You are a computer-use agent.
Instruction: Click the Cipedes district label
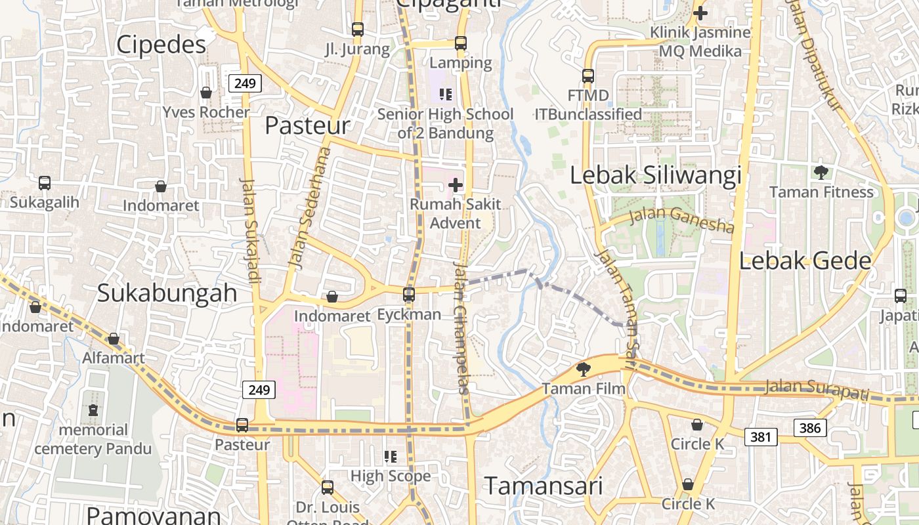click(x=161, y=45)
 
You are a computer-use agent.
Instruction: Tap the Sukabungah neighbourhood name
click(x=167, y=293)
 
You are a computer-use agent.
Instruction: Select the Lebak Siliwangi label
click(x=655, y=175)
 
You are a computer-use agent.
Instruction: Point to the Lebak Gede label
click(x=805, y=261)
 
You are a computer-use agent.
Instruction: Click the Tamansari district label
click(x=544, y=486)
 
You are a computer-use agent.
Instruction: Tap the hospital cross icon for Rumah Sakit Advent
click(x=456, y=185)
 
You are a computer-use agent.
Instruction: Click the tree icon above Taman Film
click(x=582, y=369)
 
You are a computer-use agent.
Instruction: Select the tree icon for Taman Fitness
click(x=821, y=173)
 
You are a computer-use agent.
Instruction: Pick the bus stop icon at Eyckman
click(x=409, y=295)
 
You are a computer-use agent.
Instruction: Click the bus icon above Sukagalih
click(x=45, y=183)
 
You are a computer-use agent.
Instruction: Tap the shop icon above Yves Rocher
click(x=206, y=93)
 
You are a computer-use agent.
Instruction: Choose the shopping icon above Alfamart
click(x=114, y=339)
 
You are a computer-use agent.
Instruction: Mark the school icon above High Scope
click(x=391, y=456)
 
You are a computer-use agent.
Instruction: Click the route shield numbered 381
click(x=761, y=436)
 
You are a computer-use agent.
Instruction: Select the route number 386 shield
click(x=810, y=429)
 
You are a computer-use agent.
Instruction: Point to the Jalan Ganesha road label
click(x=681, y=220)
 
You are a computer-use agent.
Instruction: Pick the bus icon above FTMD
click(x=588, y=76)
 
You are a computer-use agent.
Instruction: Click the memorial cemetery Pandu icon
click(x=93, y=411)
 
